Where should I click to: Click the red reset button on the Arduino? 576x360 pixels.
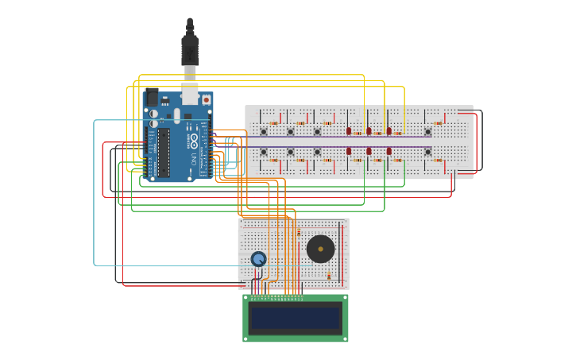click(207, 100)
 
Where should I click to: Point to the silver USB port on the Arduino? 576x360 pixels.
click(190, 95)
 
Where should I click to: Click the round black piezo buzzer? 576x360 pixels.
click(320, 249)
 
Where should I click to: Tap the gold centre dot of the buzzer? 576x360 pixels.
click(320, 249)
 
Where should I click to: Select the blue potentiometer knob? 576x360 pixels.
click(258, 259)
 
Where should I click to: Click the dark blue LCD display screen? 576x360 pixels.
click(295, 318)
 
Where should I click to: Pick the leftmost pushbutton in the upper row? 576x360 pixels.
click(264, 132)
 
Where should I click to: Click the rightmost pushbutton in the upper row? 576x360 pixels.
click(427, 132)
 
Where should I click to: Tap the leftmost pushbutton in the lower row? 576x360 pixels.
click(264, 151)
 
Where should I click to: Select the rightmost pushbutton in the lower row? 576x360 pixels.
click(427, 151)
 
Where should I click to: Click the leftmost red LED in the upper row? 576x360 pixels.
click(349, 131)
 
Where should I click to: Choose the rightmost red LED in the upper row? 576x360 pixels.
click(389, 131)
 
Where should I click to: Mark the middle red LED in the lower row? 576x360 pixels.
click(369, 151)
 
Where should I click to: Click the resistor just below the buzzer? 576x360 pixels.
click(329, 276)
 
